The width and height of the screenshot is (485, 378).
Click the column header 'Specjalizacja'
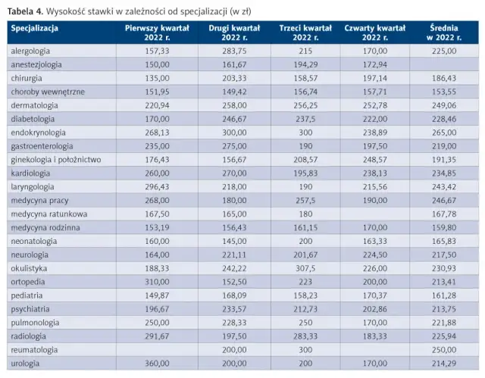pyautogui.click(x=34, y=29)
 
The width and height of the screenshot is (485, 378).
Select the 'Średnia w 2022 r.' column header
pyautogui.click(x=444, y=33)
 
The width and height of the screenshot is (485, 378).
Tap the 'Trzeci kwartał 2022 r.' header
pyautogui.click(x=305, y=33)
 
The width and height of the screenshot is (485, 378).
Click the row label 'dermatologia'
pyautogui.click(x=34, y=105)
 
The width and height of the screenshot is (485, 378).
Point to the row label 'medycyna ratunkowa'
pyautogui.click(x=48, y=214)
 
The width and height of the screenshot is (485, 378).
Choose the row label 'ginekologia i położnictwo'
pyautogui.click(x=56, y=160)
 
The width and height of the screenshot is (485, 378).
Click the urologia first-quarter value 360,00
pyautogui.click(x=157, y=364)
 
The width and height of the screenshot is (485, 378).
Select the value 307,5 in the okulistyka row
pyautogui.click(x=305, y=268)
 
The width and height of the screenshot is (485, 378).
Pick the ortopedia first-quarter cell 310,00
pyautogui.click(x=157, y=282)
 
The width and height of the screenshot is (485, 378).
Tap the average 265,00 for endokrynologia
pyautogui.click(x=444, y=133)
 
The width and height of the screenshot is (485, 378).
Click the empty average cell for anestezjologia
pyautogui.click(x=444, y=64)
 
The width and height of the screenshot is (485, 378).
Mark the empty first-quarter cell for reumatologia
pyautogui.click(x=157, y=350)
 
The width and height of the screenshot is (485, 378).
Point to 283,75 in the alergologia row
pyautogui.click(x=234, y=51)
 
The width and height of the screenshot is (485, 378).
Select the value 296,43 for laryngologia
pyautogui.click(x=157, y=186)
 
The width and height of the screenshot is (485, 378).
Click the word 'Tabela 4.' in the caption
pyautogui.click(x=26, y=11)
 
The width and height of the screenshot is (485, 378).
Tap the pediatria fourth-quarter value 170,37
pyautogui.click(x=375, y=295)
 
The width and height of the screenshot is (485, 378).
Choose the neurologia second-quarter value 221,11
pyautogui.click(x=234, y=255)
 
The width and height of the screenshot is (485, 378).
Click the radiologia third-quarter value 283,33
pyautogui.click(x=305, y=336)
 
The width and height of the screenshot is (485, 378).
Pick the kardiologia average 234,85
pyautogui.click(x=444, y=173)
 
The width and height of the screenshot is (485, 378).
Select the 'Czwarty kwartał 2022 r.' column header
pyautogui.click(x=375, y=33)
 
